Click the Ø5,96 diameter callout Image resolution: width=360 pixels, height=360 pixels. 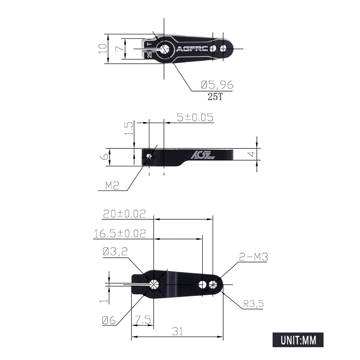click(x=217, y=85)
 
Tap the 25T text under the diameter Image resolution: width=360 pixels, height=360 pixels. click(x=215, y=97)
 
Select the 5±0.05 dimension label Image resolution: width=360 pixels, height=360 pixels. click(x=195, y=117)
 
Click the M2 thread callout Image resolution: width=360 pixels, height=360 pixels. click(x=112, y=186)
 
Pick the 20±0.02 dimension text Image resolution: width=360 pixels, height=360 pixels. click(x=124, y=214)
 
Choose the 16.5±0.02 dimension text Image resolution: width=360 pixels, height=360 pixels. click(x=120, y=233)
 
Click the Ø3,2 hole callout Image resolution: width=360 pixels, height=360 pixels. click(x=115, y=252)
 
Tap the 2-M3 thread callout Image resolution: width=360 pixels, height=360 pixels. click(x=253, y=257)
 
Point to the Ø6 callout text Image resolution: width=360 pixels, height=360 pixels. click(x=109, y=320)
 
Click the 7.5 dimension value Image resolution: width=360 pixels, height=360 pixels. click(x=142, y=320)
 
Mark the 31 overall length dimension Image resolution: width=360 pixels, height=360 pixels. click(x=177, y=331)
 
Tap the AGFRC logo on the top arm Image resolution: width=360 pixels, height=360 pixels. click(x=192, y=49)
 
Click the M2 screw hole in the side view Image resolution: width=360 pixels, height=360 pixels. click(x=149, y=157)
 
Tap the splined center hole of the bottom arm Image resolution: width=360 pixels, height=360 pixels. click(x=154, y=284)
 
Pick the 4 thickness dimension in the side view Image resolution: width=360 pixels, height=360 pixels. click(x=253, y=154)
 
